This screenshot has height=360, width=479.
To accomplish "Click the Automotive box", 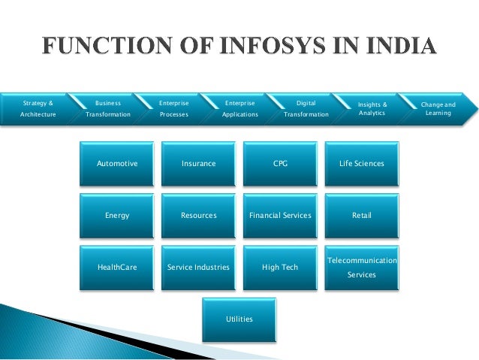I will pyautogui.click(x=117, y=163).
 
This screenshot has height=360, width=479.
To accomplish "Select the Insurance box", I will pyautogui.click(x=199, y=163).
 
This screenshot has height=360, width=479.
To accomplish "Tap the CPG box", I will pyautogui.click(x=280, y=163).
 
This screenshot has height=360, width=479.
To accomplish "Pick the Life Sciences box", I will pyautogui.click(x=361, y=163).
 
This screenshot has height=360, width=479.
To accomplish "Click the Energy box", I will pyautogui.click(x=117, y=215).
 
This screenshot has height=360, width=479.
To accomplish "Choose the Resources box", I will pyautogui.click(x=199, y=215).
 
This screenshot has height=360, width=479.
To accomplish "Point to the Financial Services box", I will pyautogui.click(x=280, y=215).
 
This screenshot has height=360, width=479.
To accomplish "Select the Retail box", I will pyautogui.click(x=361, y=215).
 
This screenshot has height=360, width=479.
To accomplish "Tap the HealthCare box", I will pyautogui.click(x=117, y=267).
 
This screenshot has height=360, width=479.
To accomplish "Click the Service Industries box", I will pyautogui.click(x=199, y=267).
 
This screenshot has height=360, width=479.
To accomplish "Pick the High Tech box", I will pyautogui.click(x=280, y=267).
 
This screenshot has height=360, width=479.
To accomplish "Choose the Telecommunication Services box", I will pyautogui.click(x=361, y=267).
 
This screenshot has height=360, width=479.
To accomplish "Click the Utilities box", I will pyautogui.click(x=239, y=319).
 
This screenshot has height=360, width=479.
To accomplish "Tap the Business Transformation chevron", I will pyautogui.click(x=107, y=108).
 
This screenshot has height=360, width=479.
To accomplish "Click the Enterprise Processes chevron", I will pyautogui.click(x=174, y=108).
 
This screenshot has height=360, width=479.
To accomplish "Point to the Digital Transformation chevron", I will pyautogui.click(x=306, y=108).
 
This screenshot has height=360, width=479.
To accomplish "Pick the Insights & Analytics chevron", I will pyautogui.click(x=372, y=108).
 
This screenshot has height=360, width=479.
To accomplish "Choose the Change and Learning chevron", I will pyautogui.click(x=438, y=108).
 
